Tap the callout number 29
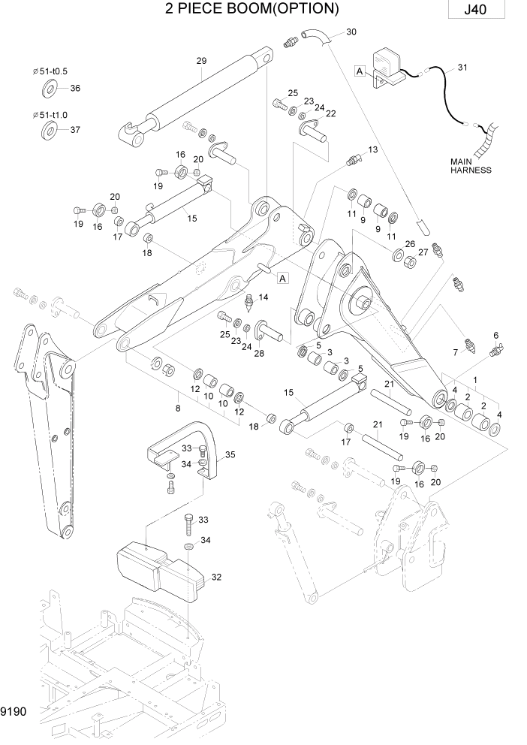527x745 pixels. pyautogui.click(x=200, y=61)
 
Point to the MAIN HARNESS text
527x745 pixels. pyautogui.click(x=471, y=165)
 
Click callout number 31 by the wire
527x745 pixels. pyautogui.click(x=462, y=68)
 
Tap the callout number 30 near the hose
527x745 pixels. pyautogui.click(x=351, y=32)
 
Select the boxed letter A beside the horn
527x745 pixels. pyautogui.click(x=360, y=71)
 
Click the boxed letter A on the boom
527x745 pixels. pyautogui.click(x=283, y=279)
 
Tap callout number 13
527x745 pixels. pyautogui.click(x=372, y=150)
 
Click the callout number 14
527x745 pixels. pyautogui.click(x=263, y=298)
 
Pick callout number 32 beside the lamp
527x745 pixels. pyautogui.click(x=217, y=577)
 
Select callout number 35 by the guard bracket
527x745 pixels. pyautogui.click(x=230, y=454)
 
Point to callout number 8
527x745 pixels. pyautogui.click(x=178, y=408)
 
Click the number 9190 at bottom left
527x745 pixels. pyautogui.click(x=14, y=709)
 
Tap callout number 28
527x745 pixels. pyautogui.click(x=260, y=353)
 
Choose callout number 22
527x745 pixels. pyautogui.click(x=330, y=113)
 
